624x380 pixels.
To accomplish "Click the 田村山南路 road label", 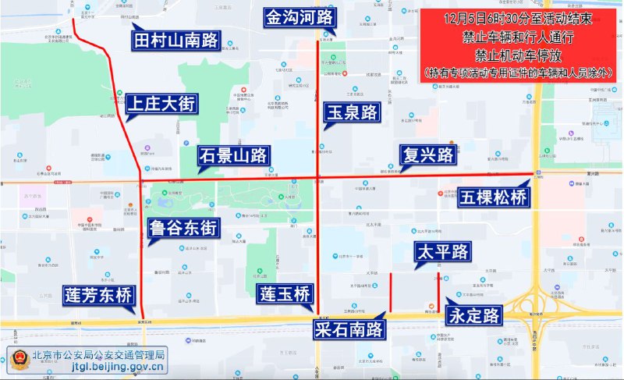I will pos(177,40).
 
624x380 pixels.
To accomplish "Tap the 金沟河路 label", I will pos(300,17).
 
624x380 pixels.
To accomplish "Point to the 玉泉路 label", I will pos(351,112).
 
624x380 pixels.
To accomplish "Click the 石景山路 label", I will pos(232,154).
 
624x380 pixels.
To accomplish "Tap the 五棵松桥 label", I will pos(493,197).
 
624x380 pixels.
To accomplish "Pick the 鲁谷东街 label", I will pos(184,229).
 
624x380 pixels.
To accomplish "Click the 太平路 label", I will pos(442,251).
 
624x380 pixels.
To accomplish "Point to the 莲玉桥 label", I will pos(285,295).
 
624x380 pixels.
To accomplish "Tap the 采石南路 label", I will pos(351,329).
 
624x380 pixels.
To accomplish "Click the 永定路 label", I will pos(474,315).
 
